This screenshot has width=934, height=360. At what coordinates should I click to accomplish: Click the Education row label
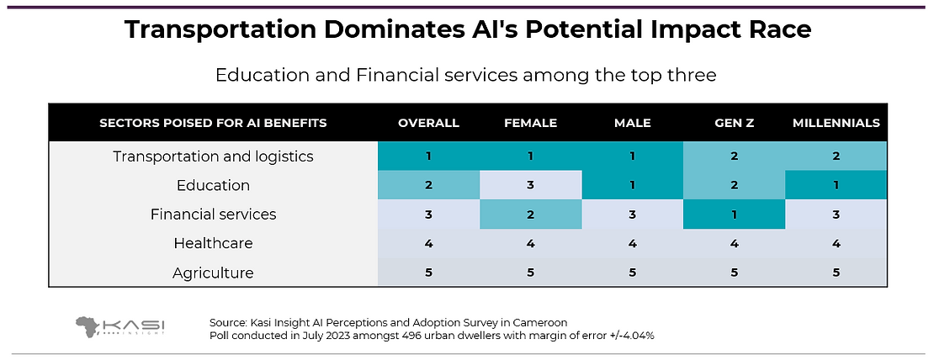(213, 185)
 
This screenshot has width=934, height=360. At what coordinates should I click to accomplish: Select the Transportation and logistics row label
(213, 156)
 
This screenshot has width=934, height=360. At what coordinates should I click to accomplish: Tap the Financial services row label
(213, 214)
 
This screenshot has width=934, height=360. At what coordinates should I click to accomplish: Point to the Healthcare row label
(213, 243)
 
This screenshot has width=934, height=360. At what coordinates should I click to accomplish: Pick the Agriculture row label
(213, 273)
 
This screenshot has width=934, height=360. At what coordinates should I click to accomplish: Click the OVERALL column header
(429, 123)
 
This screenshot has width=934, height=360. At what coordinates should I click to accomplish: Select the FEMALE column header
(531, 123)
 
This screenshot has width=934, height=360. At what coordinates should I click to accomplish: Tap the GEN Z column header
(734, 123)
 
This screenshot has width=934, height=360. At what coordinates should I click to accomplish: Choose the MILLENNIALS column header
(836, 123)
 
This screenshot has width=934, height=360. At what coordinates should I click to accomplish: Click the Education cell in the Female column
(531, 185)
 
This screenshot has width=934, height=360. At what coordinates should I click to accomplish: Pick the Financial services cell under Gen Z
(734, 214)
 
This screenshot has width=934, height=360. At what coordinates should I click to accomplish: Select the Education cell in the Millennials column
(836, 185)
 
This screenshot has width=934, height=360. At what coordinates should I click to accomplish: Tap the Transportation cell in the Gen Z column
(734, 156)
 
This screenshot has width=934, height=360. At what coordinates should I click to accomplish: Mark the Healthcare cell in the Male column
(632, 243)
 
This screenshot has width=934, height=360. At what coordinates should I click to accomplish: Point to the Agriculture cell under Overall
(429, 273)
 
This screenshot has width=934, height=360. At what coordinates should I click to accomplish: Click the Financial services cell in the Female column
(531, 214)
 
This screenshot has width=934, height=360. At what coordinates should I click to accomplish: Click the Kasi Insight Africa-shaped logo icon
(88, 326)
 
